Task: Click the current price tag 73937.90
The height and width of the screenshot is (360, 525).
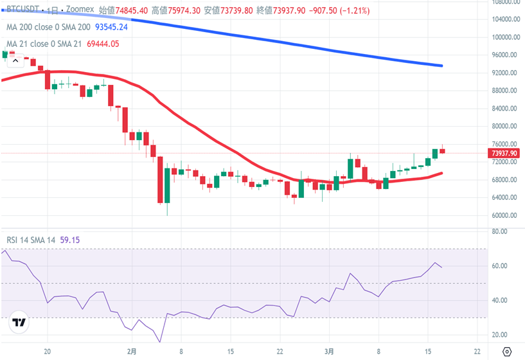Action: (x=504, y=153)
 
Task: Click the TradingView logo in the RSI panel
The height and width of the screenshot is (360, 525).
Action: (x=19, y=323)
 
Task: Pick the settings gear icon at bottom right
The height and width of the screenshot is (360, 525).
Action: (x=507, y=352)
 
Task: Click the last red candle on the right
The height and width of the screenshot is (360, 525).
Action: (x=442, y=151)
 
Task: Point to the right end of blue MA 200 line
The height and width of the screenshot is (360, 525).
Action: (x=441, y=66)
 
